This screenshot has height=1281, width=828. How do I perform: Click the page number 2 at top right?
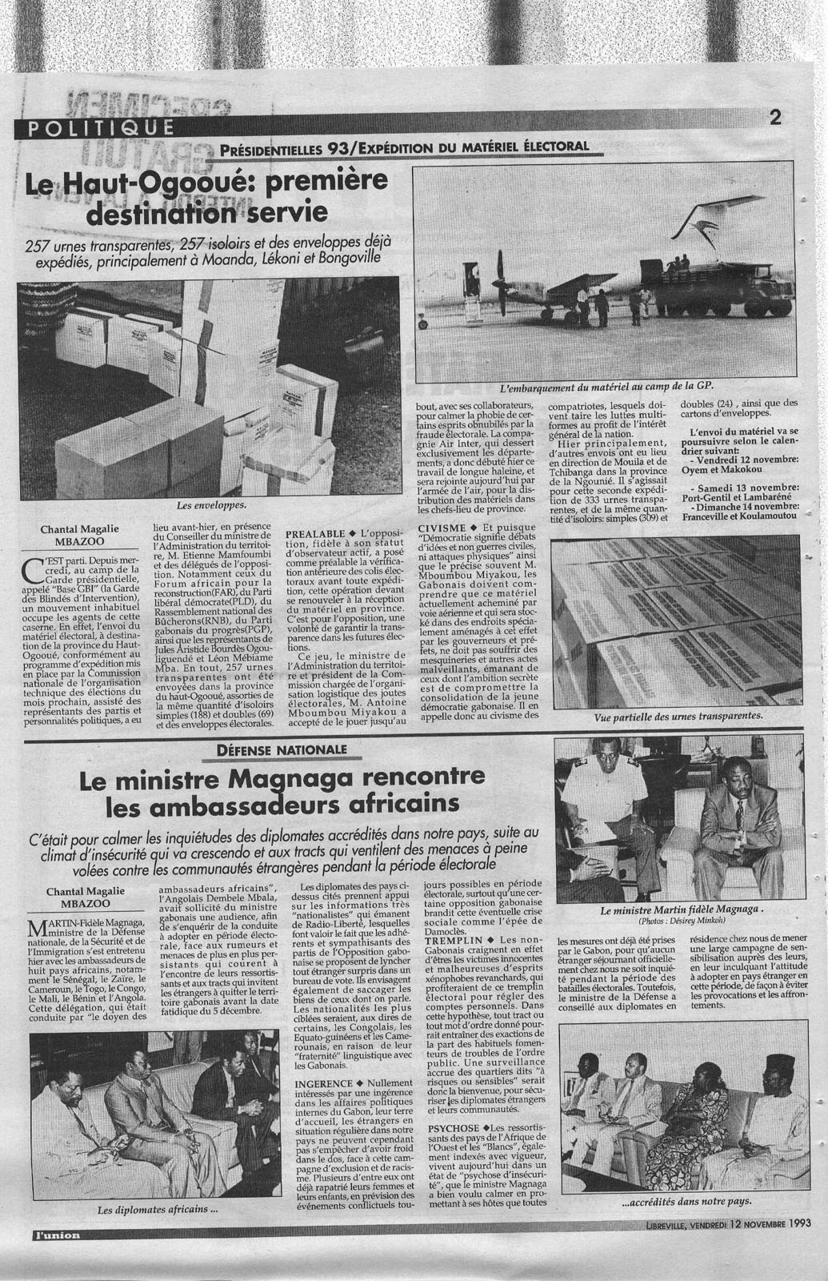774,118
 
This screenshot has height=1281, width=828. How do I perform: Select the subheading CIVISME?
442,528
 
